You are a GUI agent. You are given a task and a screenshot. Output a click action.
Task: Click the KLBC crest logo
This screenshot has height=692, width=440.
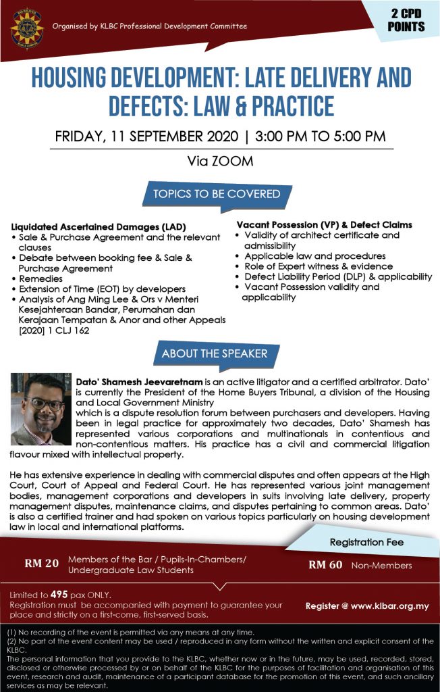point(27,26)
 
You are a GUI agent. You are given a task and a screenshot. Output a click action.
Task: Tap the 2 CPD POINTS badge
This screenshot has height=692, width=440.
point(406,21)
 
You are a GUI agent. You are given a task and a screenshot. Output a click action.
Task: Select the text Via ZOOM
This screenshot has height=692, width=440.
point(219,162)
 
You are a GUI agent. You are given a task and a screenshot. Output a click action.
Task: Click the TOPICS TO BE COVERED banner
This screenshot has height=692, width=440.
point(216,194)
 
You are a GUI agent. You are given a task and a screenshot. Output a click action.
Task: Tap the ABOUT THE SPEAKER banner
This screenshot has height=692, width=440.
point(215,353)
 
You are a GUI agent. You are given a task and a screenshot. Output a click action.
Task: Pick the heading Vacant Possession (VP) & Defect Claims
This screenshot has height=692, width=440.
point(324,224)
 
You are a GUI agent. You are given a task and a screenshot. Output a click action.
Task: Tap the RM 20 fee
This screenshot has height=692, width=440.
point(42,563)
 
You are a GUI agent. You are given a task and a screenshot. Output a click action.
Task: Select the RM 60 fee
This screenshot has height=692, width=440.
point(325,565)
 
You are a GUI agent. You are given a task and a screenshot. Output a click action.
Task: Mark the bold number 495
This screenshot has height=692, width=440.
point(60,595)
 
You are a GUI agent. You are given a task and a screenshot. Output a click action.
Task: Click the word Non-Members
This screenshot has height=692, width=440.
point(381,566)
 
